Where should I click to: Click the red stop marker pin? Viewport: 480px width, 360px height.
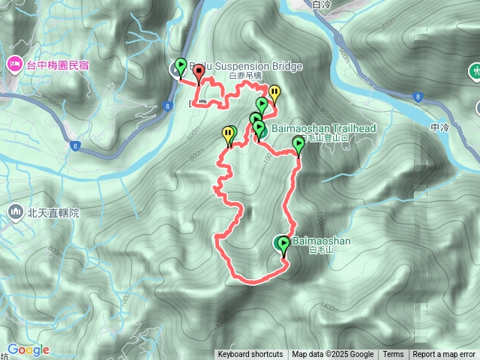[x=199, y=72]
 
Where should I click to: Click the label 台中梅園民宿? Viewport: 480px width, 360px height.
[x=58, y=65]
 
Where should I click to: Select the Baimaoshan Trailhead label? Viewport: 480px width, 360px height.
[x=324, y=129]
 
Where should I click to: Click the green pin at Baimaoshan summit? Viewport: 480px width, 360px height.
[x=283, y=243]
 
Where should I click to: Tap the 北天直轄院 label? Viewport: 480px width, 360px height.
[x=52, y=213]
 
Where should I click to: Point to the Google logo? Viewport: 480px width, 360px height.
[x=28, y=350]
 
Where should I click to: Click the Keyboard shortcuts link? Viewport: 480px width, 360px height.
[x=250, y=355]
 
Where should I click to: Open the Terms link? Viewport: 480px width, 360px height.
[x=393, y=355]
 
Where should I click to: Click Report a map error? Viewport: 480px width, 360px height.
[x=444, y=355]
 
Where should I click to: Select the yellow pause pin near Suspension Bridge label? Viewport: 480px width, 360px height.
[x=274, y=94]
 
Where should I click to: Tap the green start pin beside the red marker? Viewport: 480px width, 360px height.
[x=180, y=66]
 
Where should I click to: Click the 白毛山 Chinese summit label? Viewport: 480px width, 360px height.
[x=319, y=251]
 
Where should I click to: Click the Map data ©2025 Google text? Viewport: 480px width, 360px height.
[x=333, y=355]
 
